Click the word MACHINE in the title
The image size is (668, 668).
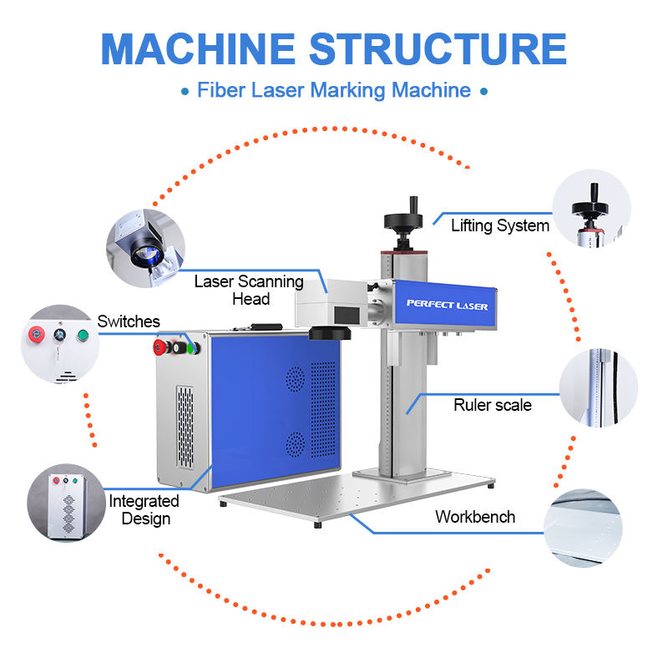198,49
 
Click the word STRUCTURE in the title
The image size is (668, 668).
438,49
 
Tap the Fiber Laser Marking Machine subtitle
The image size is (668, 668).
334,90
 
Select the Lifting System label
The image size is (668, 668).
500,225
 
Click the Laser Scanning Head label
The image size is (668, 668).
249,290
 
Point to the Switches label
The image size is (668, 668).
129,321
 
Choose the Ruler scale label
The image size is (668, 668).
493,405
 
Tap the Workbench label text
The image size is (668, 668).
475,517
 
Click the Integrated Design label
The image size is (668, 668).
144,510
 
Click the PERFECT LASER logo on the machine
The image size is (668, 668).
447,305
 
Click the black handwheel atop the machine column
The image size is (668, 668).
403,220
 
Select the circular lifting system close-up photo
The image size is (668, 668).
591,208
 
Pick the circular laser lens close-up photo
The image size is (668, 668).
145,248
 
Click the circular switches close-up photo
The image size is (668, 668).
60,344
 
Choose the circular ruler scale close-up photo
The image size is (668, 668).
599,387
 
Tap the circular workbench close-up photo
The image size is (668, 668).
583,529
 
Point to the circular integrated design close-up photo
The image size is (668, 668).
67,503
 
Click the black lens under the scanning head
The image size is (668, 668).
329,332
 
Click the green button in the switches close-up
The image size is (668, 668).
83,336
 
